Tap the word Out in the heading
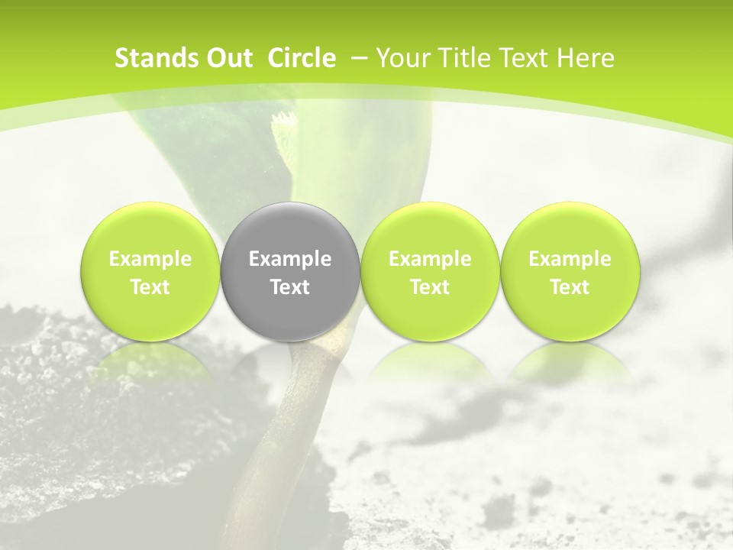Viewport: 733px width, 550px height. (227, 58)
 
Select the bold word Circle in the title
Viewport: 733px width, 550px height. (302, 58)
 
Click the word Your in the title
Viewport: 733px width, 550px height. (402, 58)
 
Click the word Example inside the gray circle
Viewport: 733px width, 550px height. (290, 259)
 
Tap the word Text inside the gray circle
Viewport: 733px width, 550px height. (290, 287)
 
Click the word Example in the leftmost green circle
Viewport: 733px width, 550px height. (150, 259)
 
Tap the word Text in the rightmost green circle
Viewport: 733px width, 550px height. (570, 287)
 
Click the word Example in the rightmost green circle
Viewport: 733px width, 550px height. (570, 259)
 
